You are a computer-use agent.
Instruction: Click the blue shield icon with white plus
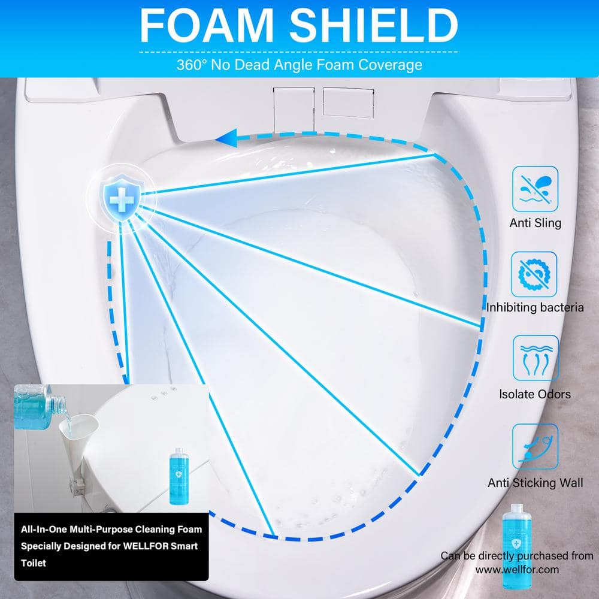coord(122,198)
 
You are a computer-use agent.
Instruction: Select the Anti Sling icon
coord(535,189)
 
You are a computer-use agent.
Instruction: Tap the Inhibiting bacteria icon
coord(534,274)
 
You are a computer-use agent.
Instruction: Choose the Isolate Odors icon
coord(535,358)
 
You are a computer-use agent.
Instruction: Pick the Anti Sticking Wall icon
coord(535,446)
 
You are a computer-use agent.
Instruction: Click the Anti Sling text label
coord(535,223)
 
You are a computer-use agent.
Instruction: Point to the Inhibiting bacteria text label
coord(535,307)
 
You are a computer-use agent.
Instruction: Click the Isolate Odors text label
coord(535,394)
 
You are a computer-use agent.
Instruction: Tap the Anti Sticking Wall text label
coord(535,483)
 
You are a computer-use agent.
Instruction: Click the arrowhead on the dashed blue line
coord(226,138)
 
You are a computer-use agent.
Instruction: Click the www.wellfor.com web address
coord(517,570)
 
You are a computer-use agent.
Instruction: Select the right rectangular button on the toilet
coord(348,102)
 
